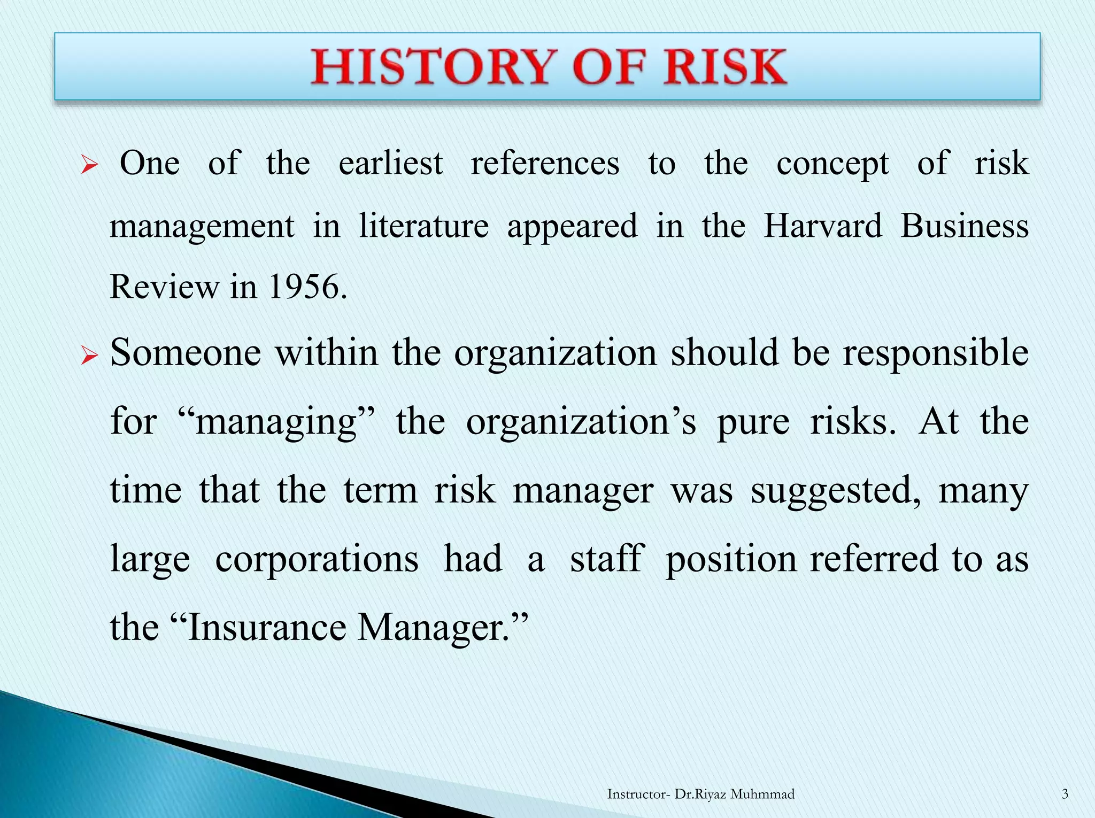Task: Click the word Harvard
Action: (x=823, y=225)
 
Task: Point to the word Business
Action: (x=965, y=225)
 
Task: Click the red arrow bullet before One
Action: (x=89, y=166)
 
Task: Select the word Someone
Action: (x=186, y=353)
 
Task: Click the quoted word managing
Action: (x=276, y=421)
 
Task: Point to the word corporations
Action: (x=317, y=559)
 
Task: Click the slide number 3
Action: (x=1065, y=794)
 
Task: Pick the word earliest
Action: (x=391, y=163)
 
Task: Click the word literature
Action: (x=424, y=225)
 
